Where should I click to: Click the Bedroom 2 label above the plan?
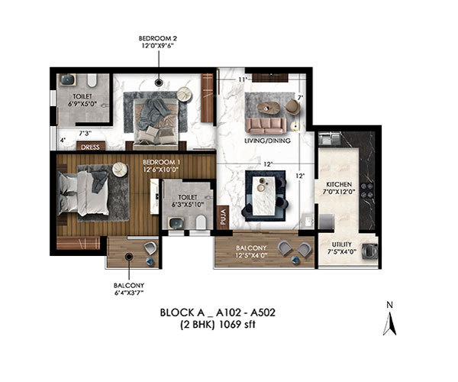pos(158,42)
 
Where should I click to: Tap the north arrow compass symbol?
pos(389,324)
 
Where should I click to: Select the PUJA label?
pos(224,216)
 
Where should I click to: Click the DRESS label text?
pos(90,147)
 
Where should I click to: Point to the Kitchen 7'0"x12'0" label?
pos(339,188)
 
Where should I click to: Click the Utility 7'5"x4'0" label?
pos(341,248)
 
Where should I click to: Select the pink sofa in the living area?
pos(266,125)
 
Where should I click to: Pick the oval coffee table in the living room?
pos(269,107)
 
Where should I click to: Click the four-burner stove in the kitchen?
pos(366,190)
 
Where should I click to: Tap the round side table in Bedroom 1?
pos(120,169)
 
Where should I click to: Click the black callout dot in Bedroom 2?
pos(159,83)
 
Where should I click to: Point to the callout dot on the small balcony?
pos(128,257)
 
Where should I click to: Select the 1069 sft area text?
pos(237,325)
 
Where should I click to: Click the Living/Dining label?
pos(267,141)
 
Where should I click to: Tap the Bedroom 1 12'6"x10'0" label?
pos(161,166)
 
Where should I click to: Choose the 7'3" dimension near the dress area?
pos(85,133)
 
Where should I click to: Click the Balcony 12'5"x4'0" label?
pos(251,251)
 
